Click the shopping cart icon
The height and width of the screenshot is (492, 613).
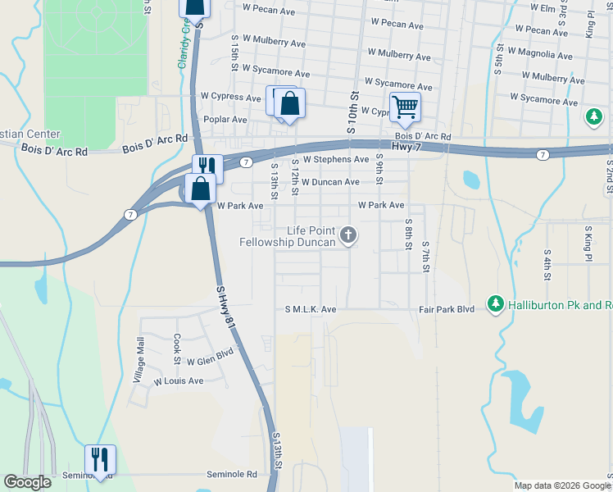click(405, 107)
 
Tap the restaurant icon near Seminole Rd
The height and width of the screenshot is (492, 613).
click(100, 459)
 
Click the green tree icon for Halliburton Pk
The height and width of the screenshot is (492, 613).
click(495, 304)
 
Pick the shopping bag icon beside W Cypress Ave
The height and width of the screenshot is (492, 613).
click(289, 103)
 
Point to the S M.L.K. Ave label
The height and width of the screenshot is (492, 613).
click(311, 310)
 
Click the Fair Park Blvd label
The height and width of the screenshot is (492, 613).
click(447, 310)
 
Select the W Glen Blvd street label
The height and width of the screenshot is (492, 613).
click(210, 357)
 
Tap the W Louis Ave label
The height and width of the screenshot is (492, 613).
click(179, 381)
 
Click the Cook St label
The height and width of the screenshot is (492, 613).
click(176, 349)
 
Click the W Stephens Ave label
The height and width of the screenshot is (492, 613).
click(336, 160)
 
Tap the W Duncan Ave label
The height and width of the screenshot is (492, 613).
click(330, 182)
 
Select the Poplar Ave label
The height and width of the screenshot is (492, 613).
click(225, 120)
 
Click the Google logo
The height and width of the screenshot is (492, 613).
click(27, 482)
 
